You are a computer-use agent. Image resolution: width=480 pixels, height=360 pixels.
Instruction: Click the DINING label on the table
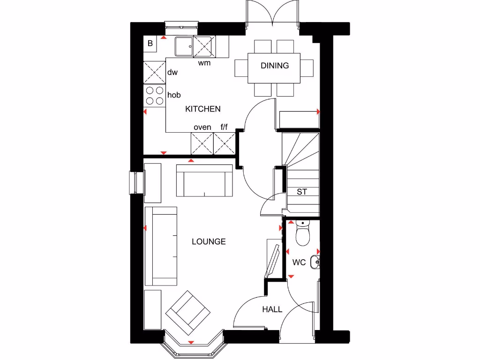275,66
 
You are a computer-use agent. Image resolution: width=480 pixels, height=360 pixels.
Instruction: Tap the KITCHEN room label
203,109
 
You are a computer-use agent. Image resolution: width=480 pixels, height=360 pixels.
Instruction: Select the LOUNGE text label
209,242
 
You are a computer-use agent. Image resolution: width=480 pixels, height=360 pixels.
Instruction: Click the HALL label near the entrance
272,309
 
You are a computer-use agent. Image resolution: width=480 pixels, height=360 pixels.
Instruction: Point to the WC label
299,262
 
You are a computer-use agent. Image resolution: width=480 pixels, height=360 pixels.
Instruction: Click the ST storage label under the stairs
302,192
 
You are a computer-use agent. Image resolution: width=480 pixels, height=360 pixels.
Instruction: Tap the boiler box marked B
150,44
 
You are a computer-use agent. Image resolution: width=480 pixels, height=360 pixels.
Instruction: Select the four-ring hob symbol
154,96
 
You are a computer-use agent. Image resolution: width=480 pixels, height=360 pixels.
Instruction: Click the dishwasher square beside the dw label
154,72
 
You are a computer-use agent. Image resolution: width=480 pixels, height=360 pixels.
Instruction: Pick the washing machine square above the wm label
202,46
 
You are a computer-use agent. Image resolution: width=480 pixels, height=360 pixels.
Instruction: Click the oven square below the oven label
202,143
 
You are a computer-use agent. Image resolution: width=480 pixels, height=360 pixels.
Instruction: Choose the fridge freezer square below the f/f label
225,143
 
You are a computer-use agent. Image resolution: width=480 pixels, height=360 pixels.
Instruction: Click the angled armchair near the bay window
188,312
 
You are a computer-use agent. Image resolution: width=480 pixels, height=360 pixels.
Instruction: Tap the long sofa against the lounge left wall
161,246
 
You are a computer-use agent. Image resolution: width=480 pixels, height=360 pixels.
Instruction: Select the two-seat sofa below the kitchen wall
205,180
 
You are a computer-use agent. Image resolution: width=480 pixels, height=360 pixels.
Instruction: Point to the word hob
174,95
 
